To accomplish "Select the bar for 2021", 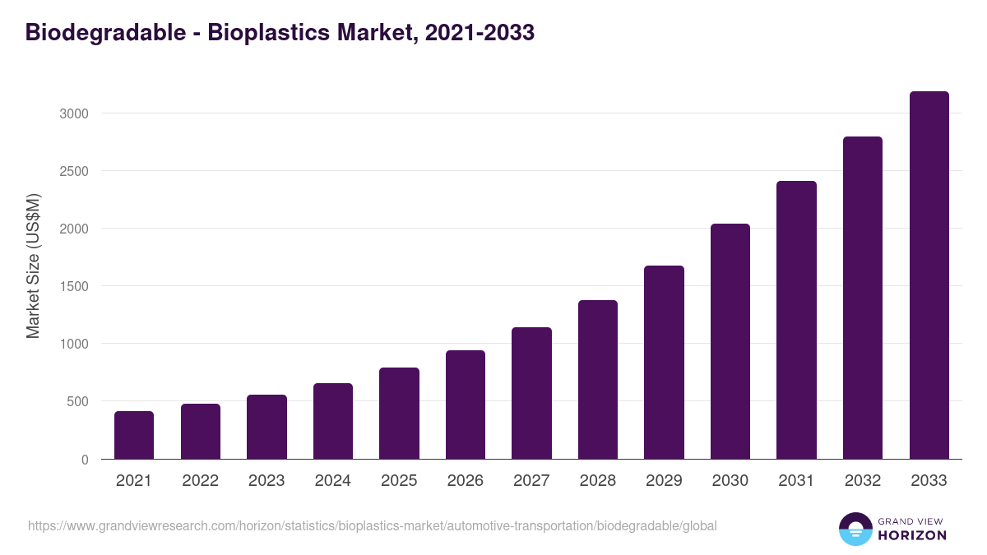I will click(x=134, y=435).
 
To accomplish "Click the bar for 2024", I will click(x=333, y=421).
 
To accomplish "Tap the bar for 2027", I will click(x=531, y=393).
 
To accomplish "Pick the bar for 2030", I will click(x=730, y=341).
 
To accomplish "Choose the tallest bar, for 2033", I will click(x=929, y=275).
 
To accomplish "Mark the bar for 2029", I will click(x=664, y=362).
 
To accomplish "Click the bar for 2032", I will click(x=863, y=298).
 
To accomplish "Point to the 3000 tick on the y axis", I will click(x=74, y=113).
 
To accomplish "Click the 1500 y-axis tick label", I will click(x=74, y=286).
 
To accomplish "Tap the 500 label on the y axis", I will click(x=77, y=402).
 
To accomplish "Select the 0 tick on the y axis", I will click(x=85, y=460).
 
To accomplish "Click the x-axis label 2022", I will click(x=200, y=481).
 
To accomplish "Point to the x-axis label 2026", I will click(x=466, y=481).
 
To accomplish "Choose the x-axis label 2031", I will click(x=796, y=481).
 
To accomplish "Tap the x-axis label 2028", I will click(x=598, y=481).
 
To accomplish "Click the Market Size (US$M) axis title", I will click(x=33, y=266).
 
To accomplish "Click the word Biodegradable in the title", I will click(x=105, y=32).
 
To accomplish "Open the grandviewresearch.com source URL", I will click(x=373, y=525).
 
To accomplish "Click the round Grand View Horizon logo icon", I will click(x=855, y=529).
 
